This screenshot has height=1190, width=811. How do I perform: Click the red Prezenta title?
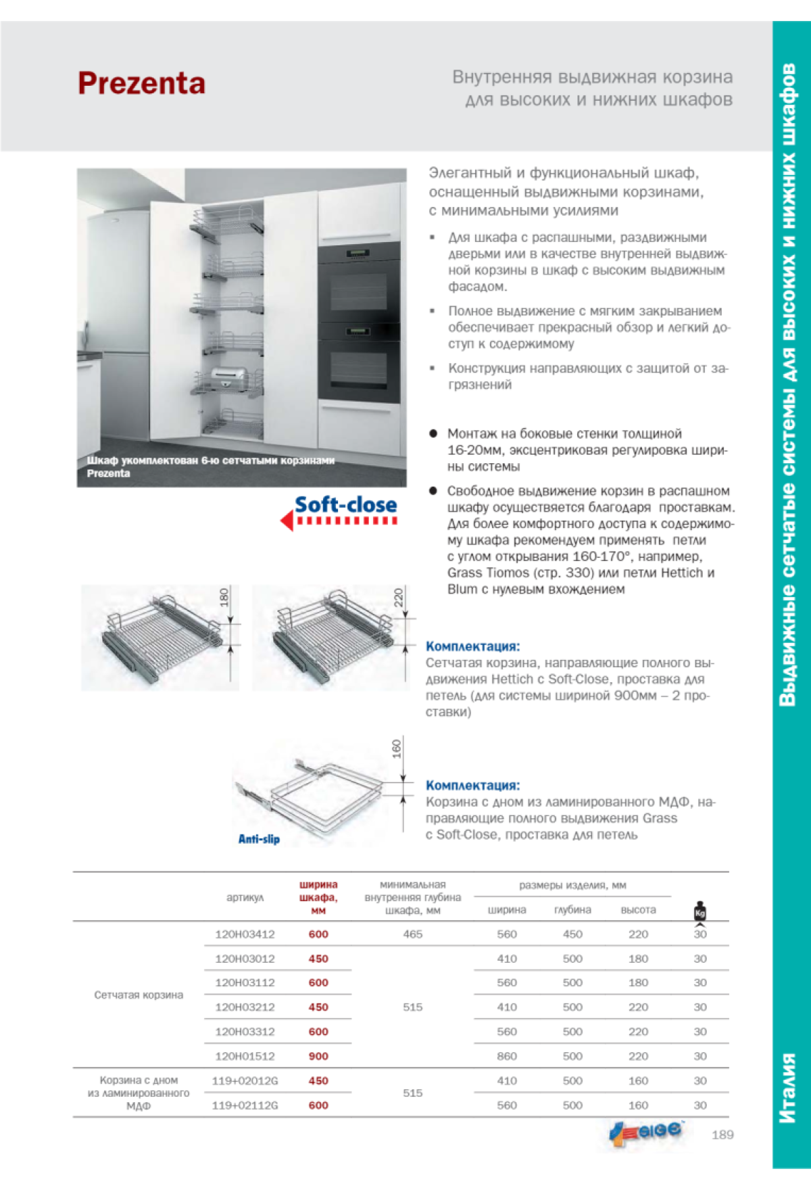(x=141, y=84)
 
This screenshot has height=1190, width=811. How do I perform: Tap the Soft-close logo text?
(x=345, y=505)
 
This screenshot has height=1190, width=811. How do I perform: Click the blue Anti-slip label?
(x=259, y=839)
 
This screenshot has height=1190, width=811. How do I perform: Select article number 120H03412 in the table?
(x=245, y=934)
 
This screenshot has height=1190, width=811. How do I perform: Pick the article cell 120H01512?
(x=245, y=1056)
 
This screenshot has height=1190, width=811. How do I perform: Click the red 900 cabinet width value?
(x=318, y=1056)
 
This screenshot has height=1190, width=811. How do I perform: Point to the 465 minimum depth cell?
(x=412, y=934)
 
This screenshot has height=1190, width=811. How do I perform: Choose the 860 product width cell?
(x=507, y=1056)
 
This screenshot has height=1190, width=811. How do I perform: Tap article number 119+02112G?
(x=245, y=1105)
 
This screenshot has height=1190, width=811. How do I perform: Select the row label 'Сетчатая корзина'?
(x=139, y=995)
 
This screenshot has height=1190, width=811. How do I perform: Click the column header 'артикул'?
(x=245, y=898)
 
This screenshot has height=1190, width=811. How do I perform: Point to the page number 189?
(x=722, y=1135)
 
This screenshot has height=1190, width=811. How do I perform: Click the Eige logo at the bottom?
(x=647, y=1131)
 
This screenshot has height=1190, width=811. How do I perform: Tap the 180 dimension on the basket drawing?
(x=224, y=596)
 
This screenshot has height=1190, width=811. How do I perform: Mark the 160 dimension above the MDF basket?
(x=397, y=748)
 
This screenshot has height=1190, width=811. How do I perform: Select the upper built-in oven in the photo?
(x=359, y=284)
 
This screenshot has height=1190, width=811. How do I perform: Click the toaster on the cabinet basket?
(x=230, y=379)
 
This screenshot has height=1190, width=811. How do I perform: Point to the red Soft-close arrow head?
(x=287, y=521)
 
